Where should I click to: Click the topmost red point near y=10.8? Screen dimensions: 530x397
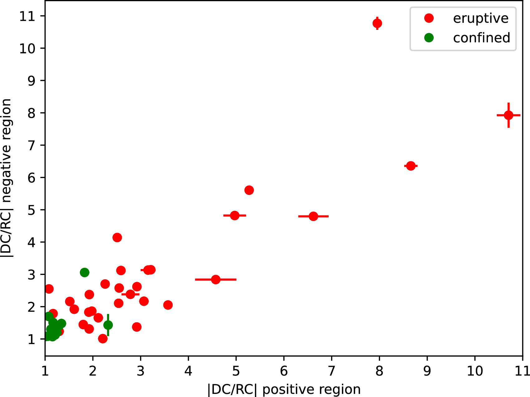[x=377, y=23]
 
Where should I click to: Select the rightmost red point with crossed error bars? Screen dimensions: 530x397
[x=508, y=115]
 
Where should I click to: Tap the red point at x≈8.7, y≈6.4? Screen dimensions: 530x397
[x=411, y=166]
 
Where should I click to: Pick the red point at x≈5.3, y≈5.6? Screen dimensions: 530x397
[x=249, y=190]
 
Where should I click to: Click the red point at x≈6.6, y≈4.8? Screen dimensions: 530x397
[x=313, y=216]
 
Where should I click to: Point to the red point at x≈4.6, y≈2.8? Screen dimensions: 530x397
[x=216, y=280]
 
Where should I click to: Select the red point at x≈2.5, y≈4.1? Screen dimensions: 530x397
[x=117, y=238]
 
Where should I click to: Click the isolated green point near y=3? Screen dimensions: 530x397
[x=84, y=272]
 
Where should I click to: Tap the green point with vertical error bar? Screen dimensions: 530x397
[x=108, y=325]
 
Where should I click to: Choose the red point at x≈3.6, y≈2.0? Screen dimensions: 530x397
[x=168, y=305]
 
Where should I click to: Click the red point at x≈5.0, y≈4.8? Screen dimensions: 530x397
[x=235, y=215]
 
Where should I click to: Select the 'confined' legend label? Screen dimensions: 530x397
[x=482, y=38]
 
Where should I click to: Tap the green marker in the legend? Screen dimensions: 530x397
[x=429, y=38]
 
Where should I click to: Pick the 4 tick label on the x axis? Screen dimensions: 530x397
[x=188, y=371]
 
